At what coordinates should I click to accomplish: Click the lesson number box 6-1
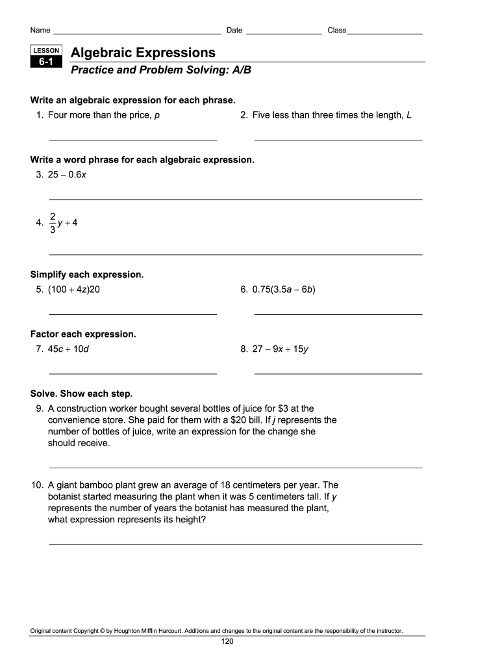[x=45, y=62]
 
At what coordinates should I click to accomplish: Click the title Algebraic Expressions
[x=143, y=53]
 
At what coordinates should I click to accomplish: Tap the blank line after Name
[x=137, y=33]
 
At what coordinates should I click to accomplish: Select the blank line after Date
[x=284, y=33]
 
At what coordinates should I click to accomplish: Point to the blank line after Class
[x=384, y=33]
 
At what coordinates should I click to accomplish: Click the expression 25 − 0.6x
[x=67, y=174]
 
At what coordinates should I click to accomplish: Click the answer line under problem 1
[x=133, y=139]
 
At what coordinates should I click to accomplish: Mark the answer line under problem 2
[x=338, y=139]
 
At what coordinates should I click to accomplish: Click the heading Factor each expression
[x=83, y=334]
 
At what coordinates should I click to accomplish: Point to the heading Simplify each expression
[x=87, y=274]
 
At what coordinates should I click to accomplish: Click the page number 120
[x=227, y=641]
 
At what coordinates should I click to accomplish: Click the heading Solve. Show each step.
[x=81, y=394]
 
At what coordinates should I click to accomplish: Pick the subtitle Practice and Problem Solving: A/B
[x=160, y=70]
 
